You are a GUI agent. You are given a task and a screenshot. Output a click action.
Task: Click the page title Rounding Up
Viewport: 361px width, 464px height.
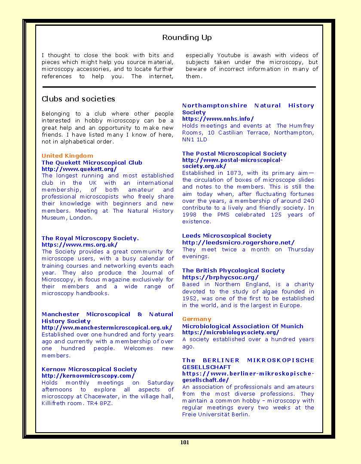tap(187, 38)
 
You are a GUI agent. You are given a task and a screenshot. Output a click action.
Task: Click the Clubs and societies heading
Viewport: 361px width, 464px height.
tap(78, 99)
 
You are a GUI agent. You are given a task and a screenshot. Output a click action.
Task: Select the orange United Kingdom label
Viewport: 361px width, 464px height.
tap(67, 156)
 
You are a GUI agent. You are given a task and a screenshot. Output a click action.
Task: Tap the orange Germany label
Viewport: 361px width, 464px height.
tap(196, 319)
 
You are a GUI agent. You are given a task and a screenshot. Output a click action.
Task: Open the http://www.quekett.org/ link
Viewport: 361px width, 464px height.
tap(79, 169)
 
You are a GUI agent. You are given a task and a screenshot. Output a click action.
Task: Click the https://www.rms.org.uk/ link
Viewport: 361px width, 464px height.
tap(79, 245)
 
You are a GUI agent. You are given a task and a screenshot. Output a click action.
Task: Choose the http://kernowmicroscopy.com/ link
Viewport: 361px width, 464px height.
tap(88, 375)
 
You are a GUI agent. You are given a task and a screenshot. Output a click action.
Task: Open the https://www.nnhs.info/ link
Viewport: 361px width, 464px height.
tap(218, 119)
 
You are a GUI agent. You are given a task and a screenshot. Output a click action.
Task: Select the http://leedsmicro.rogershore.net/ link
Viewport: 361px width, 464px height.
tap(238, 243)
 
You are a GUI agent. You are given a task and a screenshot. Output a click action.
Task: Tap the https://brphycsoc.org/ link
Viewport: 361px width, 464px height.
tap(220, 278)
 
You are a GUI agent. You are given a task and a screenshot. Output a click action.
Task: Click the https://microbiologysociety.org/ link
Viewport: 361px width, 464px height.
tap(230, 333)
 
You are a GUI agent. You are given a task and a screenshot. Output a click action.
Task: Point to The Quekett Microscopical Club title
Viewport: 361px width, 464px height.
tap(92, 162)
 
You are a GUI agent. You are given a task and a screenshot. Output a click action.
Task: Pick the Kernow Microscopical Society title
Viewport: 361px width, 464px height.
tap(89, 369)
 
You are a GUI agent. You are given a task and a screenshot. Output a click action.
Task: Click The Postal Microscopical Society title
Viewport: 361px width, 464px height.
tap(234, 153)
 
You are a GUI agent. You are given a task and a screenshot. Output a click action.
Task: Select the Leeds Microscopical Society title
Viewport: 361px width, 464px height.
tap(226, 235)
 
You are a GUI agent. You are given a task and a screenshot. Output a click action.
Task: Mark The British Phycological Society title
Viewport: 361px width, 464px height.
tap(233, 270)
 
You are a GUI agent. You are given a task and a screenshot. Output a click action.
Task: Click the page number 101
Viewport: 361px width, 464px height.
tap(184, 443)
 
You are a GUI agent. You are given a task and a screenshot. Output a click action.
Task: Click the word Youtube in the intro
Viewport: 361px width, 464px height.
tap(229, 55)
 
